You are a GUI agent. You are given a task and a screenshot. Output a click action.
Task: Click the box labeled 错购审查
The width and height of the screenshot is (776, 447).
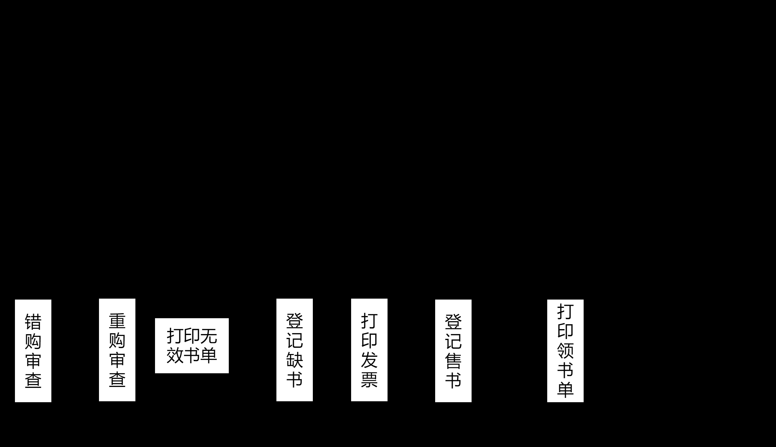[x=33, y=351]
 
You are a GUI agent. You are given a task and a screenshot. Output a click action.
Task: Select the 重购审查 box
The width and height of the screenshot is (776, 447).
[x=117, y=350]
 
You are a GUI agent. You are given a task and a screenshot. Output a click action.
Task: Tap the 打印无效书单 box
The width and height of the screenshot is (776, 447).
[x=192, y=346]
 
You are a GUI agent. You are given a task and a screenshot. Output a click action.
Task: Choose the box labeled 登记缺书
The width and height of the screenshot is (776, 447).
[x=294, y=350]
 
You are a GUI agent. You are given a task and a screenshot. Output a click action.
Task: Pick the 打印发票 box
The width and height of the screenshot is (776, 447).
[x=369, y=350]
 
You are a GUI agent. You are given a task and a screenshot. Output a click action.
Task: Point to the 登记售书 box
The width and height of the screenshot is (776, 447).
[x=453, y=351]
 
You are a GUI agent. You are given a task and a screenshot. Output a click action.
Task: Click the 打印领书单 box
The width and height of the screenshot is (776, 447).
[x=565, y=351]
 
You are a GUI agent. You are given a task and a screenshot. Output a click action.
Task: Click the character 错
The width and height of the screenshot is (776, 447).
[x=33, y=322]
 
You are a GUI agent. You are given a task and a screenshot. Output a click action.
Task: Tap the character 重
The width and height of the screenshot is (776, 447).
[x=117, y=321]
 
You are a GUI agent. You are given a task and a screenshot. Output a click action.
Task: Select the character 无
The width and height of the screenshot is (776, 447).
[x=209, y=336]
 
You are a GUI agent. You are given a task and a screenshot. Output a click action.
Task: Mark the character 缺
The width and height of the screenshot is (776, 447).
[x=294, y=360]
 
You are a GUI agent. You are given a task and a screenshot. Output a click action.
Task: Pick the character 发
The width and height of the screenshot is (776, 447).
[x=369, y=360]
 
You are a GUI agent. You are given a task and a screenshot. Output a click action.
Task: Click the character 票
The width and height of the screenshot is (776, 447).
[x=369, y=379]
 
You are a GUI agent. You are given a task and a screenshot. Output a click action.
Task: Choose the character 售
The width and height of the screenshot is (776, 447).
[x=453, y=361]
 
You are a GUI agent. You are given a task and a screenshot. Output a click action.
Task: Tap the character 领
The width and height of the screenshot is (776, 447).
[x=565, y=351]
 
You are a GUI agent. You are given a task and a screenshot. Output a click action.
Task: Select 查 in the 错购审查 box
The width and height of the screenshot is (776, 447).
[x=33, y=380]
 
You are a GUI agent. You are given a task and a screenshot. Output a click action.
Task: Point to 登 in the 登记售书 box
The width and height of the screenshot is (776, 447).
[x=453, y=322]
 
